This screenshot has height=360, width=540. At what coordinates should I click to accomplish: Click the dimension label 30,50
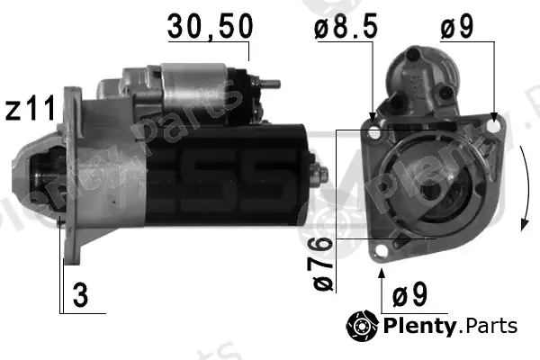coord(210,27)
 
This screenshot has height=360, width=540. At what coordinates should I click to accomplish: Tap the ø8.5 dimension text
coord(346,26)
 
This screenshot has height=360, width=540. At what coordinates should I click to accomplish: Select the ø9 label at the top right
coord(457,26)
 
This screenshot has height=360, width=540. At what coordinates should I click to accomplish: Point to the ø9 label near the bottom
coord(409,295)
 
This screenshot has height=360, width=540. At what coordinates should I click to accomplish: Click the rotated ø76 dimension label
coord(323,264)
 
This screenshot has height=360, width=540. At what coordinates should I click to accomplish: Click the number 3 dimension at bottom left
coord(80,295)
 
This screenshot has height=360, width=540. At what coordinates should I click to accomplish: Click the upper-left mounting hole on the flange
coord(373,132)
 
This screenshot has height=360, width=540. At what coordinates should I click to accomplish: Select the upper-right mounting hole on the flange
coord(494,126)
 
